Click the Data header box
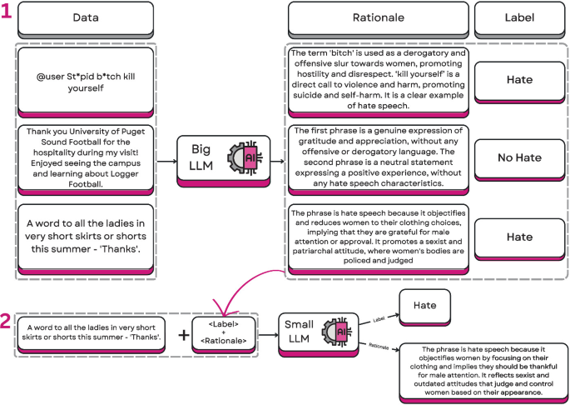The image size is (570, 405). tap(86, 17)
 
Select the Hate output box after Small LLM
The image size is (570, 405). tap(424, 306)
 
